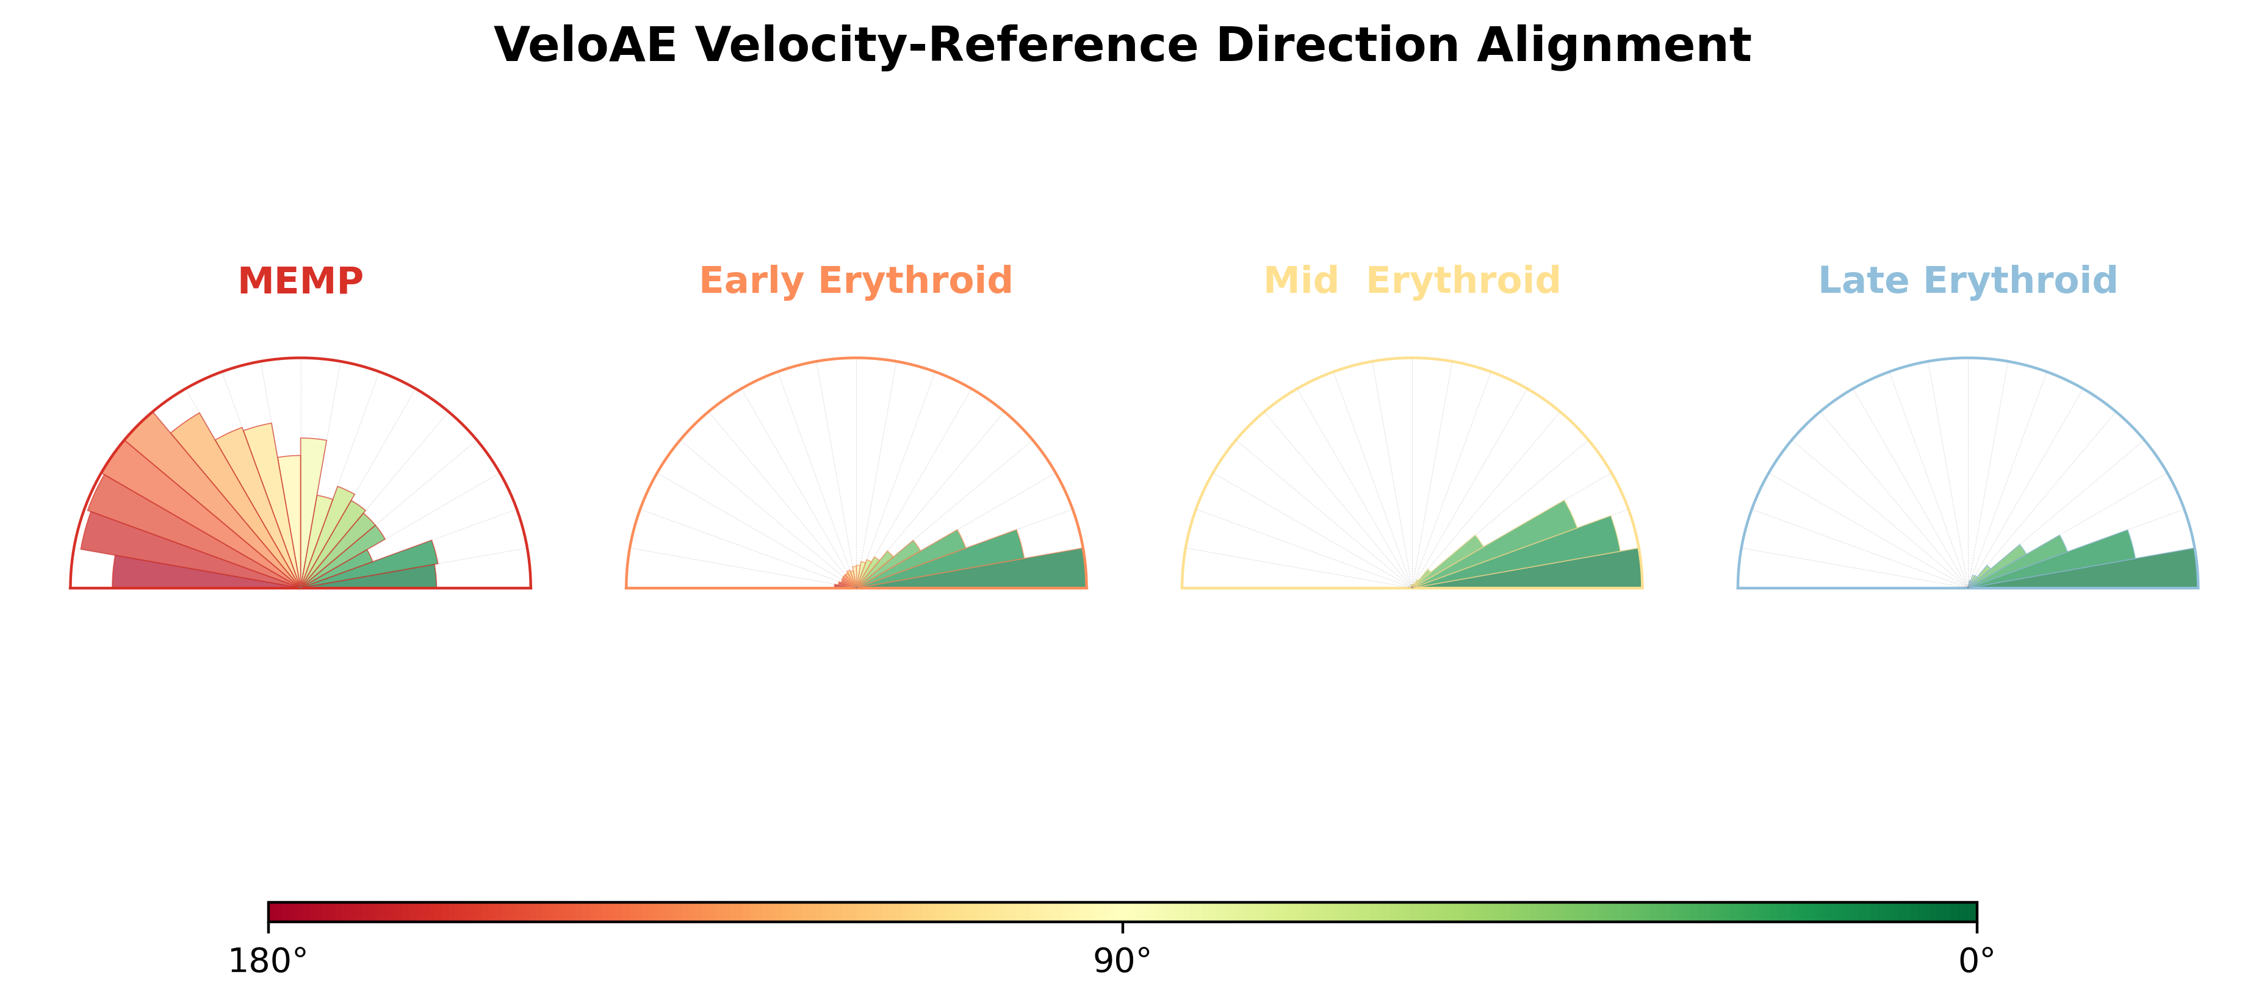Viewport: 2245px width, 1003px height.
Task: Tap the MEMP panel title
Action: (301, 281)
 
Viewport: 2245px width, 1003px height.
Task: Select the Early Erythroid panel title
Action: (856, 281)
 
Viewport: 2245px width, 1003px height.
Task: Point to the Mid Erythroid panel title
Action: (1412, 281)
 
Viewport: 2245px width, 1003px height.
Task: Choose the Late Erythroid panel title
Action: (1968, 281)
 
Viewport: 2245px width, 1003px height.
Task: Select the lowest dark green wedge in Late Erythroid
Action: (2109, 571)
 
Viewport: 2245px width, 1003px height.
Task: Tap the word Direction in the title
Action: (1338, 45)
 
